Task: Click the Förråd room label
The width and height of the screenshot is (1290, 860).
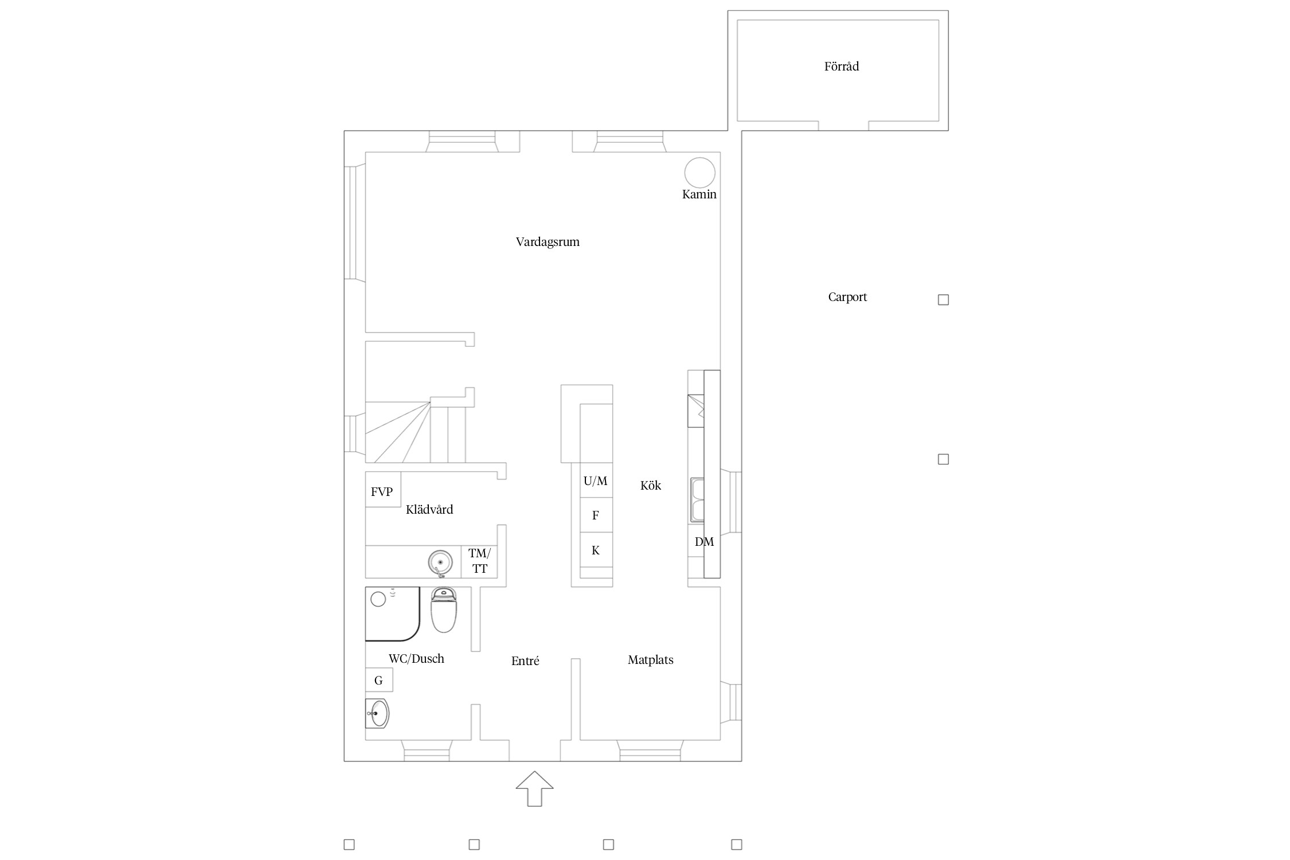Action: coord(842,67)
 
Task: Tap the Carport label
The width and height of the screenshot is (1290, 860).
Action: coord(847,297)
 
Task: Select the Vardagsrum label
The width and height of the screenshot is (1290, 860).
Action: coord(548,242)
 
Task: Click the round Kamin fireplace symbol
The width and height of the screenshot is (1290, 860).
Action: coord(699,172)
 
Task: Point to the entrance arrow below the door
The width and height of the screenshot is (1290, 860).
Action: coord(534,789)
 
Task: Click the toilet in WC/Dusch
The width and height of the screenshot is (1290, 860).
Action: coord(443,609)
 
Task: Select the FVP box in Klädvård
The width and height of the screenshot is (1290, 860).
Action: coord(383,489)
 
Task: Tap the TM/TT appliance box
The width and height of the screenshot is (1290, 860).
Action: coord(479,561)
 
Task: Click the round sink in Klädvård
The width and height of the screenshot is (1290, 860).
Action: coord(440,562)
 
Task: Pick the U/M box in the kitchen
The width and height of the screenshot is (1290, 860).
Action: coord(596,480)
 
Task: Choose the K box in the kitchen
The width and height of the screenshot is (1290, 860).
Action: coord(596,550)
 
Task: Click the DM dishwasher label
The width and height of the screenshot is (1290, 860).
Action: coord(704,542)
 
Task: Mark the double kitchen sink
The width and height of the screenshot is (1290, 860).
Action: coord(697,500)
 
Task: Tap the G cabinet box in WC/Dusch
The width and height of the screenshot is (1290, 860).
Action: coord(379,680)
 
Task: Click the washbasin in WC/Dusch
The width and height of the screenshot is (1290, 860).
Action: coord(377,714)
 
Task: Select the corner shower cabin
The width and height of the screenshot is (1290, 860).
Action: coord(393,613)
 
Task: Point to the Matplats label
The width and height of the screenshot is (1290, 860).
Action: coord(650,660)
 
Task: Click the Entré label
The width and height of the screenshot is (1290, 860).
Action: coord(525,660)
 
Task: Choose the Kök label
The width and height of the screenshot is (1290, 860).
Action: coord(651,486)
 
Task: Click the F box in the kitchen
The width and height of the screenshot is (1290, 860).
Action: coord(596,515)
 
